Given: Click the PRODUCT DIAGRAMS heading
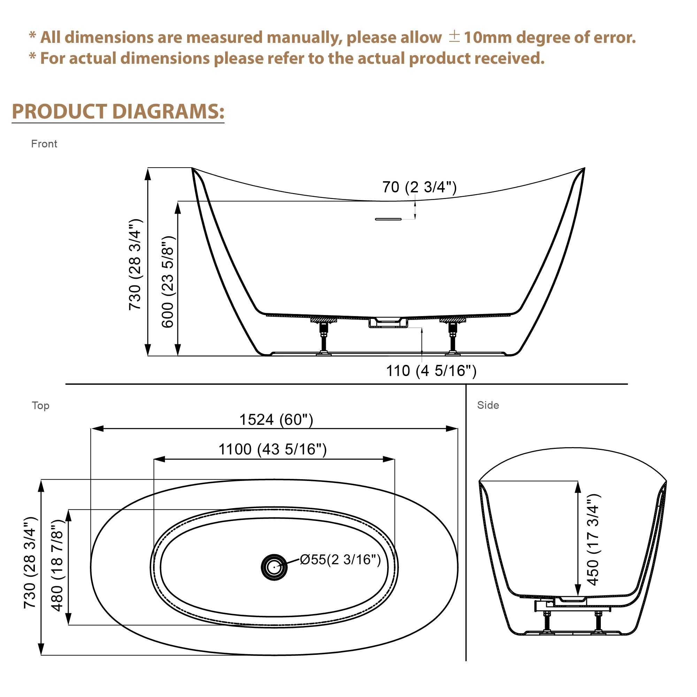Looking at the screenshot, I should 118,112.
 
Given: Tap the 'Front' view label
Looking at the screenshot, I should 44,144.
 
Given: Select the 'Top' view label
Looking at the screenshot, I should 40,406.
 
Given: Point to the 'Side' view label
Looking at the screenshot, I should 488,405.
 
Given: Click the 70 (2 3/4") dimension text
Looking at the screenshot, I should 419,187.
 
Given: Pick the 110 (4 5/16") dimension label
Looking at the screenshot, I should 431,371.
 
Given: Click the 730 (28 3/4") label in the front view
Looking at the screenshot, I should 135,265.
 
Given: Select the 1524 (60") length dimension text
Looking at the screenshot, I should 276,420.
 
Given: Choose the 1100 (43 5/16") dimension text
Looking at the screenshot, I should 273,450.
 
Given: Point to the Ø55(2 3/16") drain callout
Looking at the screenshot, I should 340,560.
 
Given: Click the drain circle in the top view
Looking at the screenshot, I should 274,567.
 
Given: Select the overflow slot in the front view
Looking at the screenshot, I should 388,219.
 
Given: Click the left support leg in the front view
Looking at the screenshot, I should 324,337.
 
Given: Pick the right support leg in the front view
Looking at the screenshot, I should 452,337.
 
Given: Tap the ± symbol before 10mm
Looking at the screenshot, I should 454,37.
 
